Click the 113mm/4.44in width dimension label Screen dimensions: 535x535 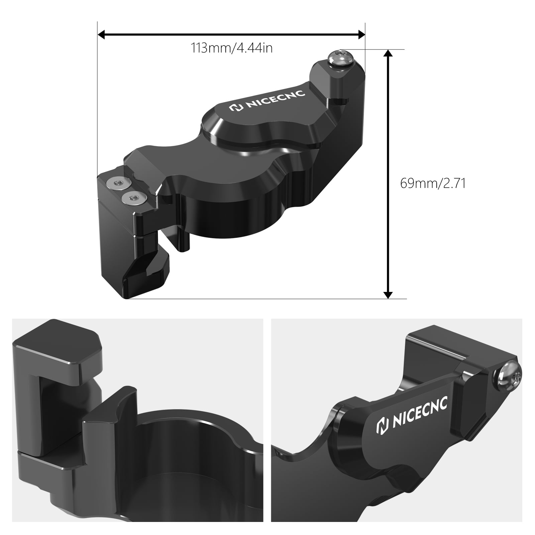231,48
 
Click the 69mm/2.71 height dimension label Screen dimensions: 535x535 433,184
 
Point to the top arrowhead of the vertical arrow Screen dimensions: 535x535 388,54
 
